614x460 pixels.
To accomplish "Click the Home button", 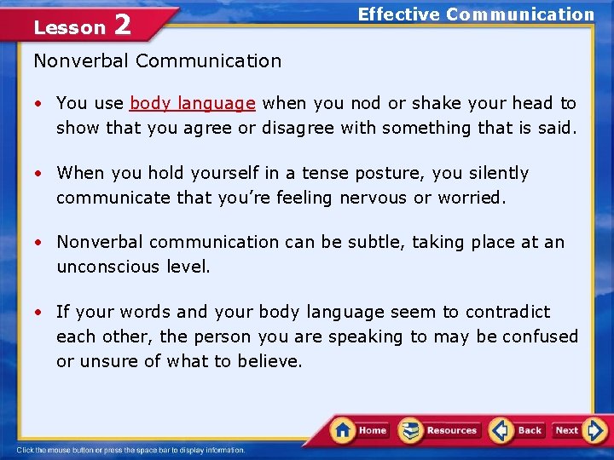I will click(360, 430).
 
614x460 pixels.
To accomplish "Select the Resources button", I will click(440, 430).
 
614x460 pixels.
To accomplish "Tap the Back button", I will click(518, 430).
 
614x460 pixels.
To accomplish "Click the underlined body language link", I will click(192, 103).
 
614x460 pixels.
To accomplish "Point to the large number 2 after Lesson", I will click(122, 26).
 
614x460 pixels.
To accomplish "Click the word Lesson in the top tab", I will click(69, 28).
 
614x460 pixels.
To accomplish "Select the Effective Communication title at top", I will click(476, 14).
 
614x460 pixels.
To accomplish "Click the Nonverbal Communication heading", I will click(157, 60).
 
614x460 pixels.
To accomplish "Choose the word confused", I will click(540, 336).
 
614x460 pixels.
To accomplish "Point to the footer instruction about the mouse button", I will click(131, 450).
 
